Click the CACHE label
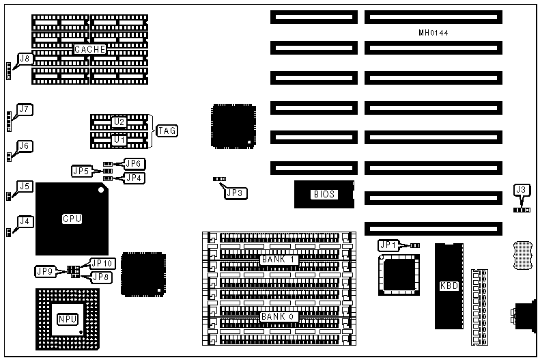[x=90, y=49]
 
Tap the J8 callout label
[x=25, y=59]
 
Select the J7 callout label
[x=25, y=109]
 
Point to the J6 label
[x=25, y=146]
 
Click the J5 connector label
[x=25, y=186]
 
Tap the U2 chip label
[x=119, y=122]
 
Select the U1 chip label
[x=119, y=139]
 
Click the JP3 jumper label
[x=236, y=193]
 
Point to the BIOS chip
[x=324, y=194]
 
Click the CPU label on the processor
[x=72, y=219]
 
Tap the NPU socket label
[x=67, y=319]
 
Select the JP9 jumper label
[x=46, y=271]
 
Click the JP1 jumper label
[x=388, y=245]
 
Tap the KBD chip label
[x=449, y=286]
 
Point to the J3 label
[x=522, y=189]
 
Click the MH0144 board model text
[x=434, y=33]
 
